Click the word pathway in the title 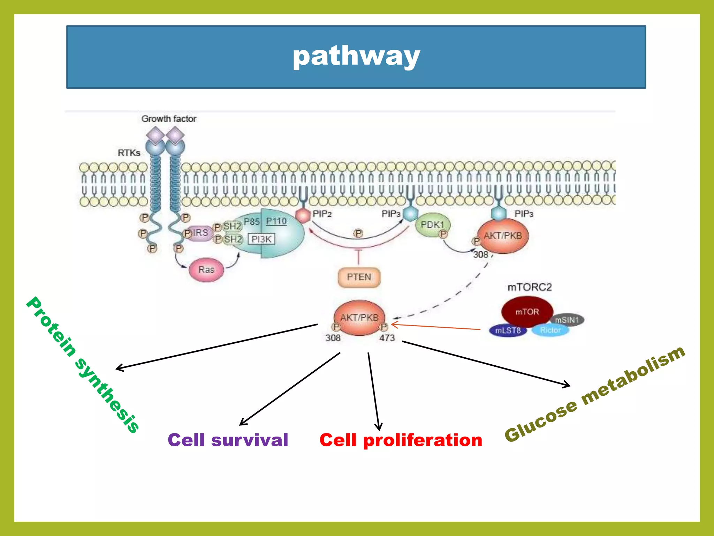356,57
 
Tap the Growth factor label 169,119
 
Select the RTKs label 129,153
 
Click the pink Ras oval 206,270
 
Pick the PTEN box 359,277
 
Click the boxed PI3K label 261,239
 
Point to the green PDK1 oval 432,225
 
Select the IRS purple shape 200,233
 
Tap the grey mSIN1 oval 567,320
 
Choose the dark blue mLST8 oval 508,330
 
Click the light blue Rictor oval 550,330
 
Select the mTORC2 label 530,287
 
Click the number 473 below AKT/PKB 387,338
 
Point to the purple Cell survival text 228,440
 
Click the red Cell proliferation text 401,440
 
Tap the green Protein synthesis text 83,365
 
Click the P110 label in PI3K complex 276,221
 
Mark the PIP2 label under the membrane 322,214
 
